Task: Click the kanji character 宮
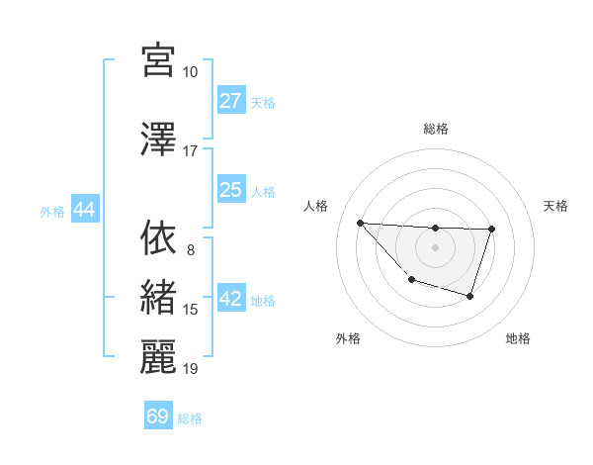pyautogui.click(x=158, y=60)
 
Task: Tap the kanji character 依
pyautogui.click(x=158, y=237)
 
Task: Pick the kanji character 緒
pyautogui.click(x=158, y=298)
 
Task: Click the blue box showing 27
pyautogui.click(x=231, y=101)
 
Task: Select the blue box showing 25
pyautogui.click(x=231, y=190)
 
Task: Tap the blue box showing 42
pyautogui.click(x=231, y=300)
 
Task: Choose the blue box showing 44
pyautogui.click(x=84, y=210)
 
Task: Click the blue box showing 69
pyautogui.click(x=158, y=417)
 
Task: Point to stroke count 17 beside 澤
pyautogui.click(x=190, y=151)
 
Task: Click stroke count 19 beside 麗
pyautogui.click(x=190, y=369)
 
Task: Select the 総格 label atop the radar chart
pyautogui.click(x=435, y=129)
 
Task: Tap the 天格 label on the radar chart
pyautogui.click(x=556, y=206)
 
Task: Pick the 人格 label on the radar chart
pyautogui.click(x=316, y=206)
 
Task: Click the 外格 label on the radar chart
pyautogui.click(x=348, y=338)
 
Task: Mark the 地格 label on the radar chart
pyautogui.click(x=518, y=338)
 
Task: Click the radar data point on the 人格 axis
pyautogui.click(x=360, y=223)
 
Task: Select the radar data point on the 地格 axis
pyautogui.click(x=470, y=296)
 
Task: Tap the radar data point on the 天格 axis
pyautogui.click(x=491, y=230)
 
